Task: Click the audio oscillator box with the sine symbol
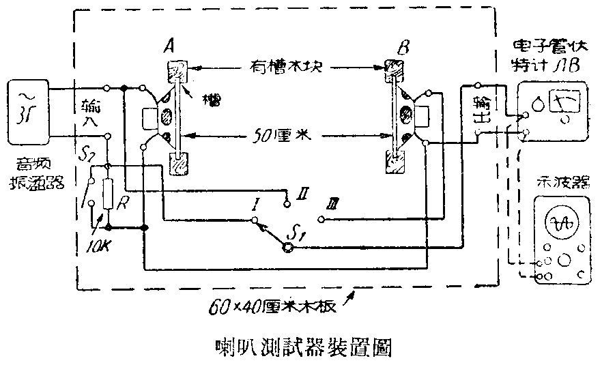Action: coord(27,112)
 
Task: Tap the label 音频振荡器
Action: coord(28,173)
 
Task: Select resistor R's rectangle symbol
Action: coord(108,194)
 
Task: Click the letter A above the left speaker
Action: coord(168,47)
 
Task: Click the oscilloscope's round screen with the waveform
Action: coord(557,223)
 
